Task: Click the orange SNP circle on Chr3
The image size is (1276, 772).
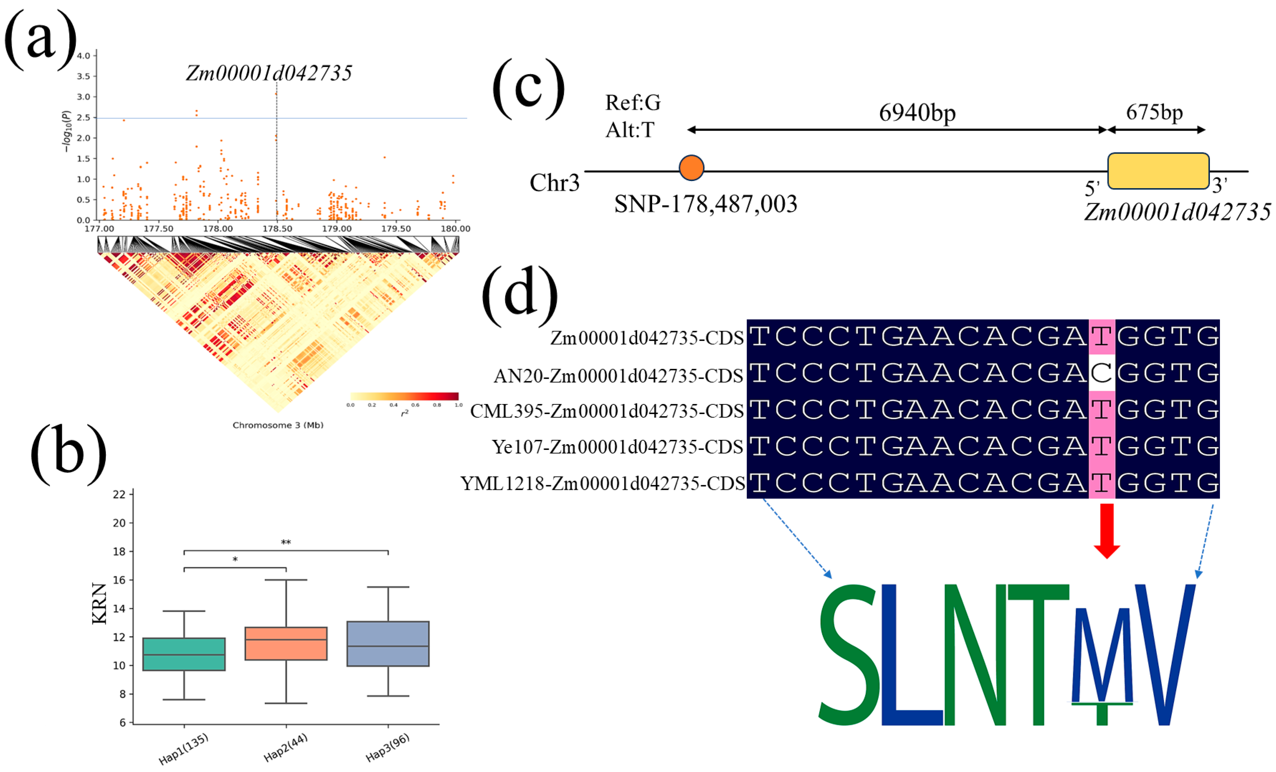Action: (691, 168)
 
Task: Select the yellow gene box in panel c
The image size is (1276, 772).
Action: (1158, 171)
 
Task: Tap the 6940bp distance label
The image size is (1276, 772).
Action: (917, 112)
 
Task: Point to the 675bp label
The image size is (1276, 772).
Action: (1154, 112)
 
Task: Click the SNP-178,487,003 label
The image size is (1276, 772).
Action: (705, 204)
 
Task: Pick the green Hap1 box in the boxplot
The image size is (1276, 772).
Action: (184, 655)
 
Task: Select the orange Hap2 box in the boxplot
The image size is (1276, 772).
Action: (286, 643)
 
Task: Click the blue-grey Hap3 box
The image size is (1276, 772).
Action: (388, 643)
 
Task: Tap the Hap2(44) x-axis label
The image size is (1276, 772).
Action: (286, 748)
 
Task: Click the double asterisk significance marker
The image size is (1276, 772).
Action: (286, 543)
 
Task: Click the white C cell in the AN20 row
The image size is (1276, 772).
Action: (1101, 373)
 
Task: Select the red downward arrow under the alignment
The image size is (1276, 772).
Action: (1106, 531)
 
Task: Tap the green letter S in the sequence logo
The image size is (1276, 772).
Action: (849, 655)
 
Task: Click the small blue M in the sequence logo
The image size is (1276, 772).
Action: (1102, 655)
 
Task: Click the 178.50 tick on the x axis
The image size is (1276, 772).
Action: (277, 228)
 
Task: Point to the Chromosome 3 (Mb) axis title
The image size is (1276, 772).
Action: (278, 425)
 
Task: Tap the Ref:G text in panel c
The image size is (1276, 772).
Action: (633, 103)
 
